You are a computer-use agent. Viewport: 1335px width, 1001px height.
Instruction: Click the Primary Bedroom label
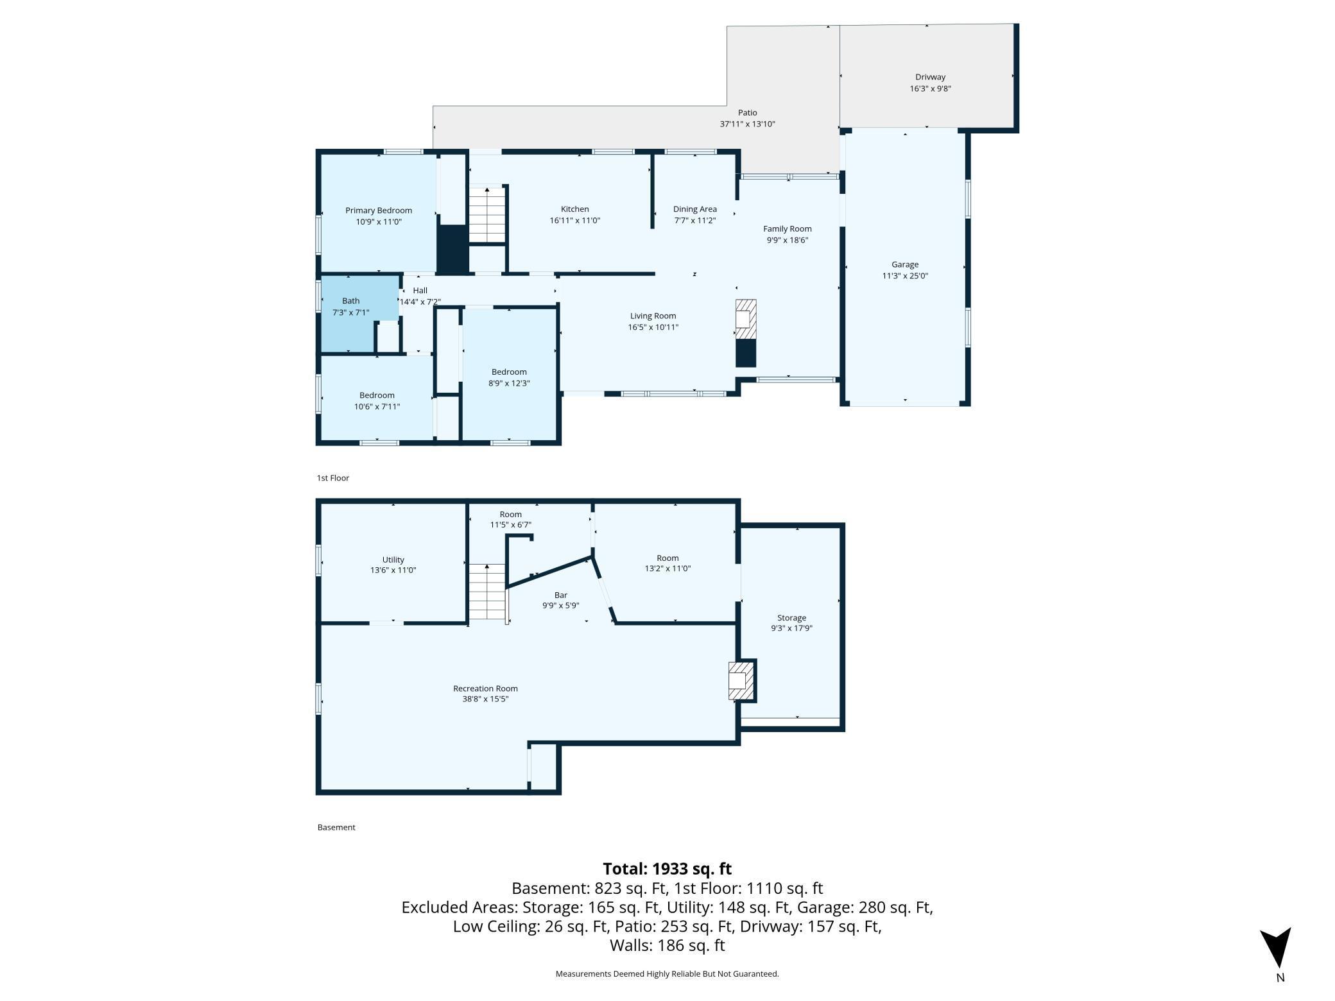click(379, 210)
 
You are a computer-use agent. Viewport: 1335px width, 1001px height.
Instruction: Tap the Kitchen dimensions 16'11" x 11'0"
click(575, 221)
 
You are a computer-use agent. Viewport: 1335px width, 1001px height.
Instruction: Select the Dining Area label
click(695, 209)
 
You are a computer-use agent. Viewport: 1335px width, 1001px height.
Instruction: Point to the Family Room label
click(788, 229)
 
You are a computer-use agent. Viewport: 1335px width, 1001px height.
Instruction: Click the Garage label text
click(905, 264)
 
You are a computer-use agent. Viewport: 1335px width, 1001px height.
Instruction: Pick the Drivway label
click(931, 77)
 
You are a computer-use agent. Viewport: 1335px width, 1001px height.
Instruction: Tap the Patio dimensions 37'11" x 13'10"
click(748, 124)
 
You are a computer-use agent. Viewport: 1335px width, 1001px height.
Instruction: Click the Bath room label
click(351, 301)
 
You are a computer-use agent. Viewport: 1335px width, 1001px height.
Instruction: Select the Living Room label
click(653, 316)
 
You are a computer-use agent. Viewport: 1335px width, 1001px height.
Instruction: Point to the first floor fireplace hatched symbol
click(746, 320)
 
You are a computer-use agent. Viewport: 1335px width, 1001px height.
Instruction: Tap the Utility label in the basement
click(393, 560)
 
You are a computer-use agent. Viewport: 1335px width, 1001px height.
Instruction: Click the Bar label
click(561, 595)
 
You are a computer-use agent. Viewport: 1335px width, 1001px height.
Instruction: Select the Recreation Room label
click(485, 689)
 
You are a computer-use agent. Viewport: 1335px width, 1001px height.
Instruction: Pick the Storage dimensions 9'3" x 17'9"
click(792, 629)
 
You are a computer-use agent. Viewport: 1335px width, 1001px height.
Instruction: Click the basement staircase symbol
click(488, 592)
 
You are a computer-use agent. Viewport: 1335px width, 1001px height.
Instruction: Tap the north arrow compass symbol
click(1275, 947)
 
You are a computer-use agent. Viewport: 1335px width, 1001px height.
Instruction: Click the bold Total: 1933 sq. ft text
click(667, 869)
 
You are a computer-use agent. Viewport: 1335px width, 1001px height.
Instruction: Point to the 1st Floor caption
click(333, 478)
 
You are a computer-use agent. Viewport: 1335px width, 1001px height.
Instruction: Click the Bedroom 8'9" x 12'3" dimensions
click(510, 384)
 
